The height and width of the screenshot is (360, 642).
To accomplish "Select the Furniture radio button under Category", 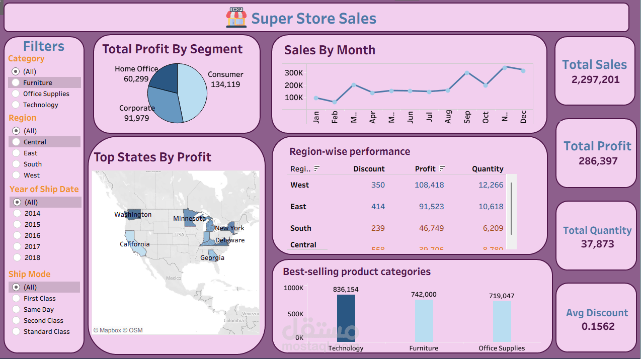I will pos(16,82).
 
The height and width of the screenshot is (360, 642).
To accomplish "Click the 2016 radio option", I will pos(17,235).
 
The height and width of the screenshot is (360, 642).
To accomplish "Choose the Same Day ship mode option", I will pos(16,310).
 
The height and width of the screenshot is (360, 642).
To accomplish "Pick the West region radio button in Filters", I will pos(16,175).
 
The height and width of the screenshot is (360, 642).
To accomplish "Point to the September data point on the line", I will pos(467,73).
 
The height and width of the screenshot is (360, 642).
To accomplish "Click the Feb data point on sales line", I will pos(335,102).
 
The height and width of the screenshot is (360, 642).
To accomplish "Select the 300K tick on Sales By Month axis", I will pos(293,73).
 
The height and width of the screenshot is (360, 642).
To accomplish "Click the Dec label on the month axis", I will pos(523,118).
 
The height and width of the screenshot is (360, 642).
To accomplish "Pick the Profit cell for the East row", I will pos(431,207).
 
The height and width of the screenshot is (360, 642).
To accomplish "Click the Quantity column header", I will pos(487,169).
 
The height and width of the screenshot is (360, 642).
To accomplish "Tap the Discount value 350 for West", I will pos(378,185).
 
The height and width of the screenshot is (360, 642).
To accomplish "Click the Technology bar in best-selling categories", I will pos(346,318).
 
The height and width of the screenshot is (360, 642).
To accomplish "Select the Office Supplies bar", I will pos(502,321).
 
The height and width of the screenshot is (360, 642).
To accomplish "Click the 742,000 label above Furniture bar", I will pos(423,294).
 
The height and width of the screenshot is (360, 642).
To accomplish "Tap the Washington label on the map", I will pos(133,215).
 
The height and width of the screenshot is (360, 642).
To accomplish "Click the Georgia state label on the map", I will pos(212,258).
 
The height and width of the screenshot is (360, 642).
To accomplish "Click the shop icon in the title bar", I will pos(236,18).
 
